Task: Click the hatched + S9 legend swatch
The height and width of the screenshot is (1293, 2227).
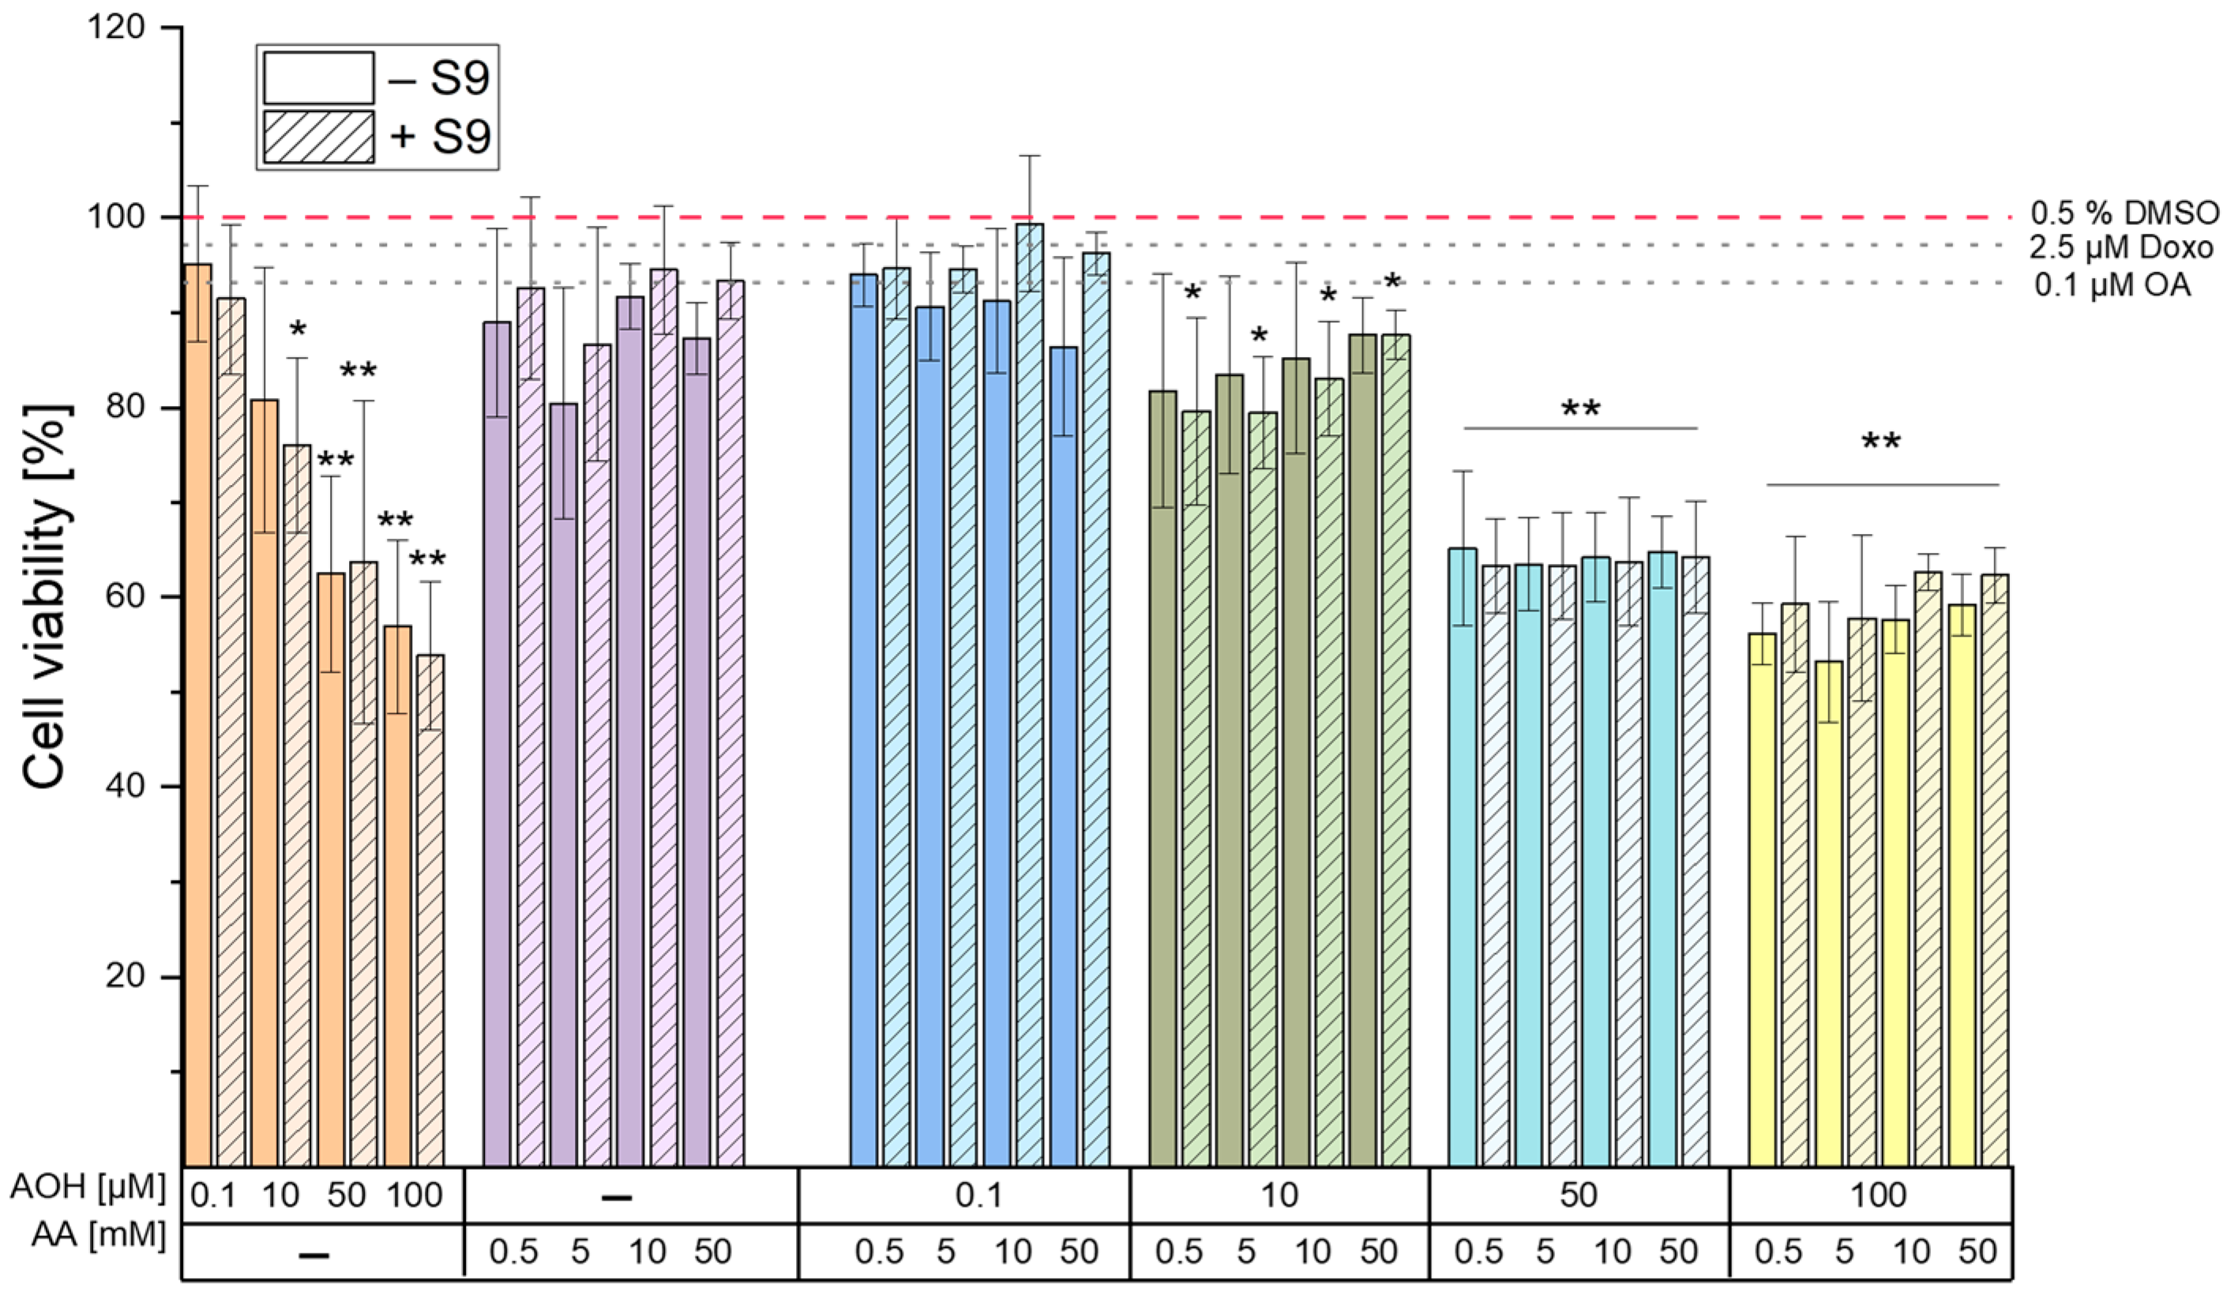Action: pyautogui.click(x=318, y=137)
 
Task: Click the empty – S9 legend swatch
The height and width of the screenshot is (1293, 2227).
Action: pyautogui.click(x=318, y=77)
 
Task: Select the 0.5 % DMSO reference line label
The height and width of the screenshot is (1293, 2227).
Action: pyautogui.click(x=2124, y=213)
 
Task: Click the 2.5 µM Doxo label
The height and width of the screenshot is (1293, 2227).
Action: pyautogui.click(x=2121, y=247)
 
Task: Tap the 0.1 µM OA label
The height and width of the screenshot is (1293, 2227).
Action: pyautogui.click(x=2112, y=284)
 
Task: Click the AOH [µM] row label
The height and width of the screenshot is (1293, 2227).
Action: pyautogui.click(x=88, y=1187)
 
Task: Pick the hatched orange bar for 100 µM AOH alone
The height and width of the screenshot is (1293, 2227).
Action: pyautogui.click(x=430, y=911)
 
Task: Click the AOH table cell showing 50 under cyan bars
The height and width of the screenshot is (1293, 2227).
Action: pyautogui.click(x=1579, y=1195)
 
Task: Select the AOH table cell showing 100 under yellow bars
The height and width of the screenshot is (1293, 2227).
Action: pyautogui.click(x=1878, y=1195)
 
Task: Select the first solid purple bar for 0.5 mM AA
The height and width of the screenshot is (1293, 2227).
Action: pyautogui.click(x=498, y=742)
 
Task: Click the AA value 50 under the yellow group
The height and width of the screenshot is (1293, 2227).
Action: pyautogui.click(x=1977, y=1251)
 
